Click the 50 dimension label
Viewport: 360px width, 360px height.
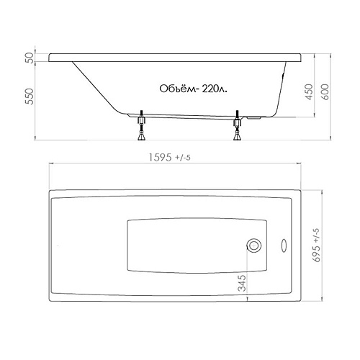30,58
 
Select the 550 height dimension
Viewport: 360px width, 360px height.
30,96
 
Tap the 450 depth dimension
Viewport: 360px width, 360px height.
310,91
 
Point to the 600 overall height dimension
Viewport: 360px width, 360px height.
325,91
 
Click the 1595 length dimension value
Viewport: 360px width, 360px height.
160,158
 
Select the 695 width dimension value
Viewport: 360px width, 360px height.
316,253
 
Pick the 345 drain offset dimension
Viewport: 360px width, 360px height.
242,283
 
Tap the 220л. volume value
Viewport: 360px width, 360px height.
215,89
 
